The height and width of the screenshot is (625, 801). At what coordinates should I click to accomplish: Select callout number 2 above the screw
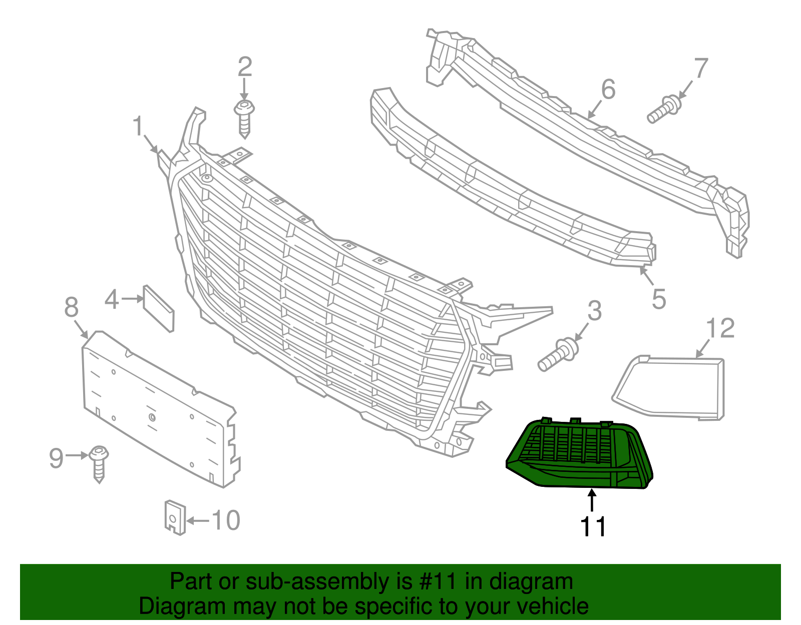pos(244,67)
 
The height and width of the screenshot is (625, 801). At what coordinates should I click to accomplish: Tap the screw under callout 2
pos(244,117)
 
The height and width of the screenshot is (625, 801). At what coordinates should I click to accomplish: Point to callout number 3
pos(594,311)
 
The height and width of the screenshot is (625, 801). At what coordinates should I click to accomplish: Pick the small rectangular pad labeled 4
pos(159,308)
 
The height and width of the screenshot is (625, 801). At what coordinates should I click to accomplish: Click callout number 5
pos(659,299)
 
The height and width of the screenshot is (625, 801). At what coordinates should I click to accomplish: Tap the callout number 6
pos(608,90)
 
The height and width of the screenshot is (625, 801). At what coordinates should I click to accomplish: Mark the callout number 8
pos(72,307)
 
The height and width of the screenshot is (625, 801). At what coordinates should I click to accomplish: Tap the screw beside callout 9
pos(99,463)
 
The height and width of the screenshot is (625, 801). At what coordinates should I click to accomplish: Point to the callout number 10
pos(226,520)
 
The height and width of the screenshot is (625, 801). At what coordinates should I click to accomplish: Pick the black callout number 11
pos(593,526)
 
